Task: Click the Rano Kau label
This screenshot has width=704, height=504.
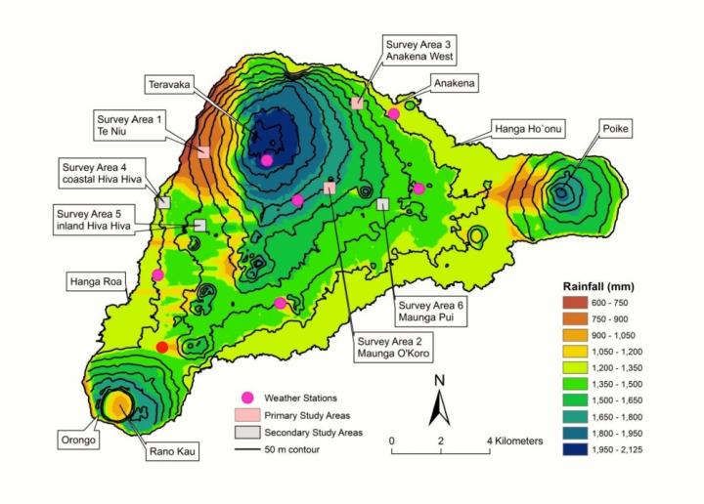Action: click(170, 452)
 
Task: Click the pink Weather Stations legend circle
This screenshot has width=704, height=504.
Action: click(247, 398)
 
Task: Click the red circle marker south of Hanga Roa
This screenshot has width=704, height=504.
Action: click(162, 347)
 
